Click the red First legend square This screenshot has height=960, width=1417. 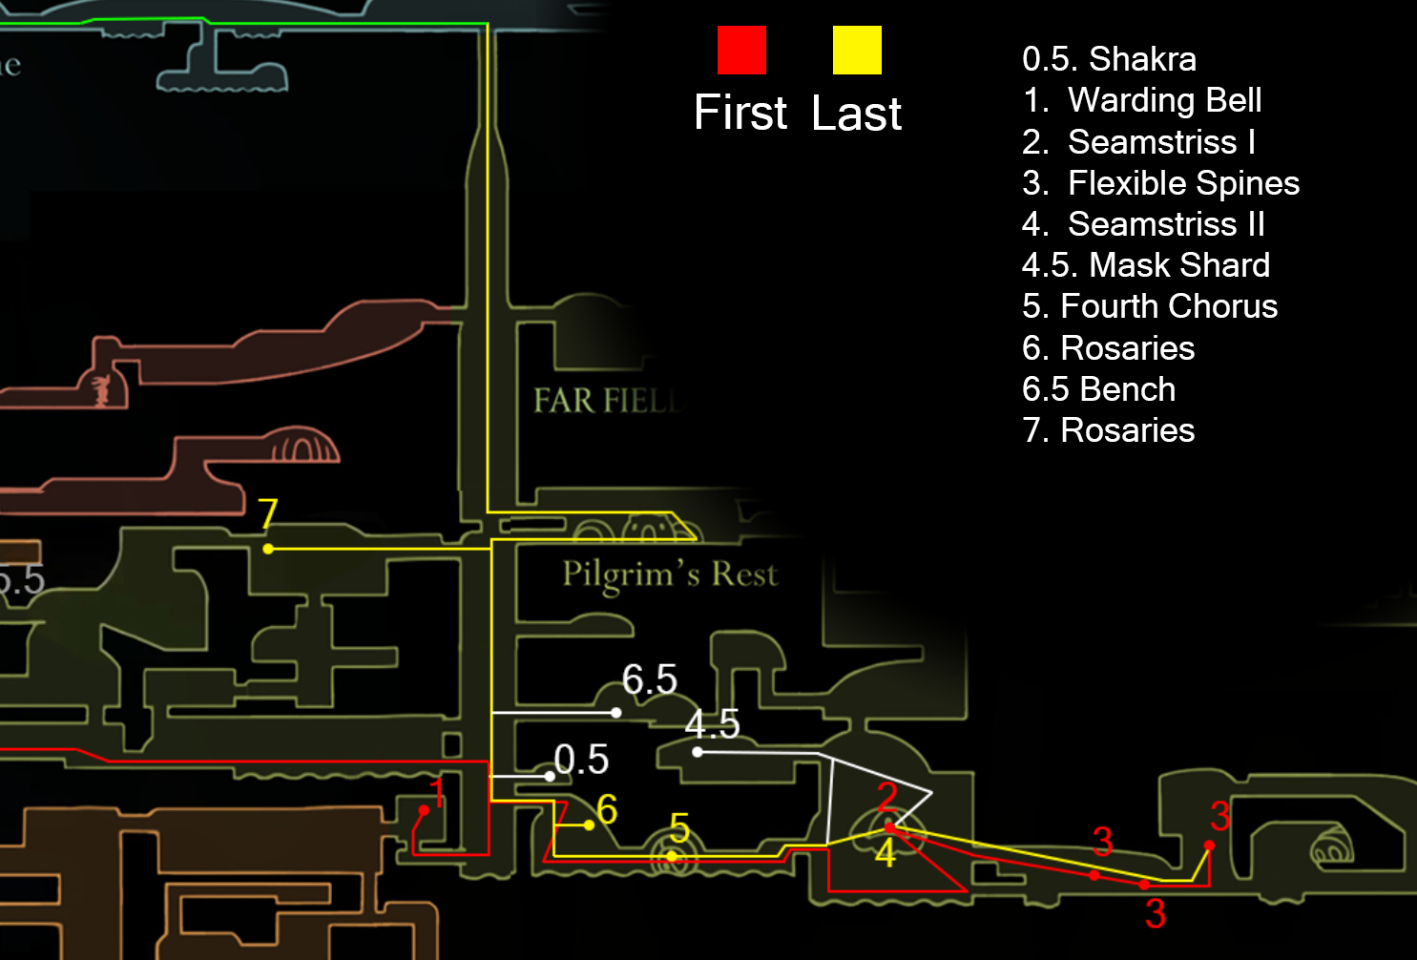point(741,50)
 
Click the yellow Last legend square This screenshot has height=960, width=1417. point(857,50)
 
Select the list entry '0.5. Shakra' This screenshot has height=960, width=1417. point(1109,59)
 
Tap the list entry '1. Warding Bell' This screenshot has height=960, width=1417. point(1142,100)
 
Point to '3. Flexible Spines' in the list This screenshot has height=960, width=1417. point(1160,183)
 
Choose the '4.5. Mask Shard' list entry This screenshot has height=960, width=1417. point(1145,265)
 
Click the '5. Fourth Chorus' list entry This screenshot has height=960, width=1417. point(1149,306)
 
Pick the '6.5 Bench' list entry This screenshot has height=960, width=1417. point(1098,389)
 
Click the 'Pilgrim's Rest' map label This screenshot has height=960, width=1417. point(670,574)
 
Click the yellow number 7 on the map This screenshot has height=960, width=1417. point(268,515)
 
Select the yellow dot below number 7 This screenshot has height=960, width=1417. point(268,549)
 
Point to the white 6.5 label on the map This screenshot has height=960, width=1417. point(650,679)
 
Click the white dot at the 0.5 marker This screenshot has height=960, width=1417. point(550,776)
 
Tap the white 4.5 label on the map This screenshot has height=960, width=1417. point(712,724)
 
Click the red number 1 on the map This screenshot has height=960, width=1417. point(437,792)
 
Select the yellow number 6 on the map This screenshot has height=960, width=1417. point(607,809)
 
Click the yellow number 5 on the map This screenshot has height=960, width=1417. point(679,828)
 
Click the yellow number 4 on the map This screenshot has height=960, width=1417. point(886,852)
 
